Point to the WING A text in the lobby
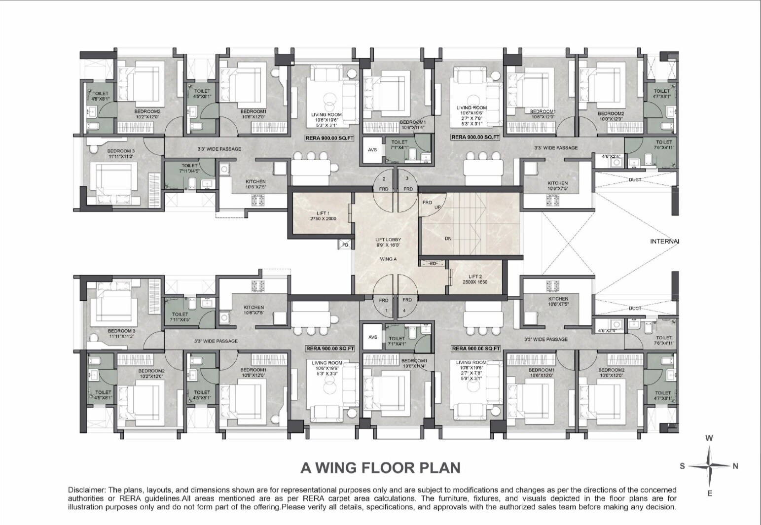click(x=389, y=259)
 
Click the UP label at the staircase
click(x=437, y=208)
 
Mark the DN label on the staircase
click(x=448, y=239)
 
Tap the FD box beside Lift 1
click(x=345, y=244)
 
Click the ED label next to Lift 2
click(x=433, y=263)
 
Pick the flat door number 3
click(x=407, y=178)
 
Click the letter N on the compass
click(x=735, y=466)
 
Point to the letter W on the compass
click(x=709, y=438)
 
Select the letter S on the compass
click(x=683, y=466)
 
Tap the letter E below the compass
click(x=710, y=493)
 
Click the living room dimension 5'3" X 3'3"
click(x=326, y=373)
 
